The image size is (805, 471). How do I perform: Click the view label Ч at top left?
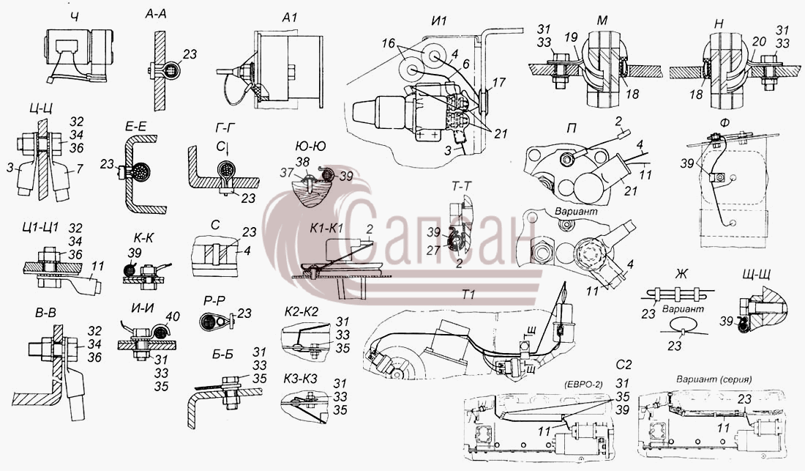75,18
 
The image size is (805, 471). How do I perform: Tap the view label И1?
440,21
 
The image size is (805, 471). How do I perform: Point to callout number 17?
498,82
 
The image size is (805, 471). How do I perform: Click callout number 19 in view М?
571,37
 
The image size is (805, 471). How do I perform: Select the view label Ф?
724,122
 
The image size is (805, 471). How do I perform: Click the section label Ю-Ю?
310,147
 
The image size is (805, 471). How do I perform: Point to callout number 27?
435,250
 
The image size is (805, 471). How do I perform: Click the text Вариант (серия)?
714,379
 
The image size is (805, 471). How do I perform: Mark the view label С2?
624,366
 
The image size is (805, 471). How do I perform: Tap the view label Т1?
468,294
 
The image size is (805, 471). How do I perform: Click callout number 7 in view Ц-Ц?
79,169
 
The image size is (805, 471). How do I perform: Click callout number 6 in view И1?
465,64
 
